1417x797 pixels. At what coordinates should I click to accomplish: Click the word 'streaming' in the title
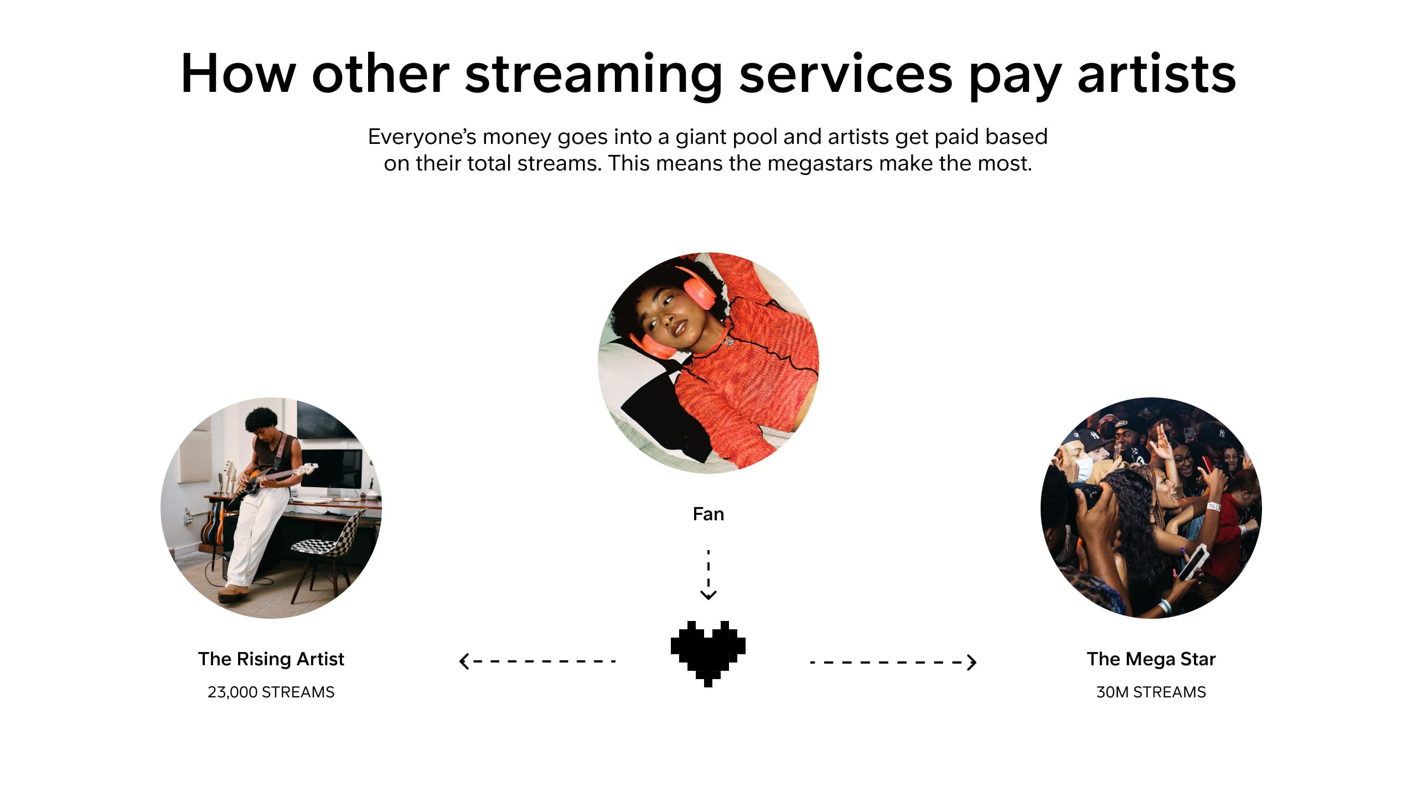pyautogui.click(x=593, y=75)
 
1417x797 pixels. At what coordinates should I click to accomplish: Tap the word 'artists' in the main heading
pyautogui.click(x=1156, y=74)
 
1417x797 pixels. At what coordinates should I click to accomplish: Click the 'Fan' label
pyautogui.click(x=708, y=514)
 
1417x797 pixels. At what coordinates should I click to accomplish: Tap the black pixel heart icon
pyautogui.click(x=708, y=654)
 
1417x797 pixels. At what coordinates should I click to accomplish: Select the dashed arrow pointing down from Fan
pyautogui.click(x=708, y=575)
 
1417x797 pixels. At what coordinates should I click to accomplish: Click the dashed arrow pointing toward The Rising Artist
pyautogui.click(x=537, y=661)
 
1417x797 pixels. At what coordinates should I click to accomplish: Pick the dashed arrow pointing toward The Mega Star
pyautogui.click(x=893, y=662)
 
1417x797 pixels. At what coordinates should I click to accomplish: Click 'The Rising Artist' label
pyautogui.click(x=271, y=659)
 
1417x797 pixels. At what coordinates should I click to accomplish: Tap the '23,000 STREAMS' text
pyautogui.click(x=271, y=692)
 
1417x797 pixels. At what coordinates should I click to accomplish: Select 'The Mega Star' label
pyautogui.click(x=1151, y=659)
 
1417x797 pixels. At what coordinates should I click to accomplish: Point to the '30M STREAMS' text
pyautogui.click(x=1151, y=692)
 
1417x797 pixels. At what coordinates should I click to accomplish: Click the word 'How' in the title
pyautogui.click(x=239, y=74)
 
